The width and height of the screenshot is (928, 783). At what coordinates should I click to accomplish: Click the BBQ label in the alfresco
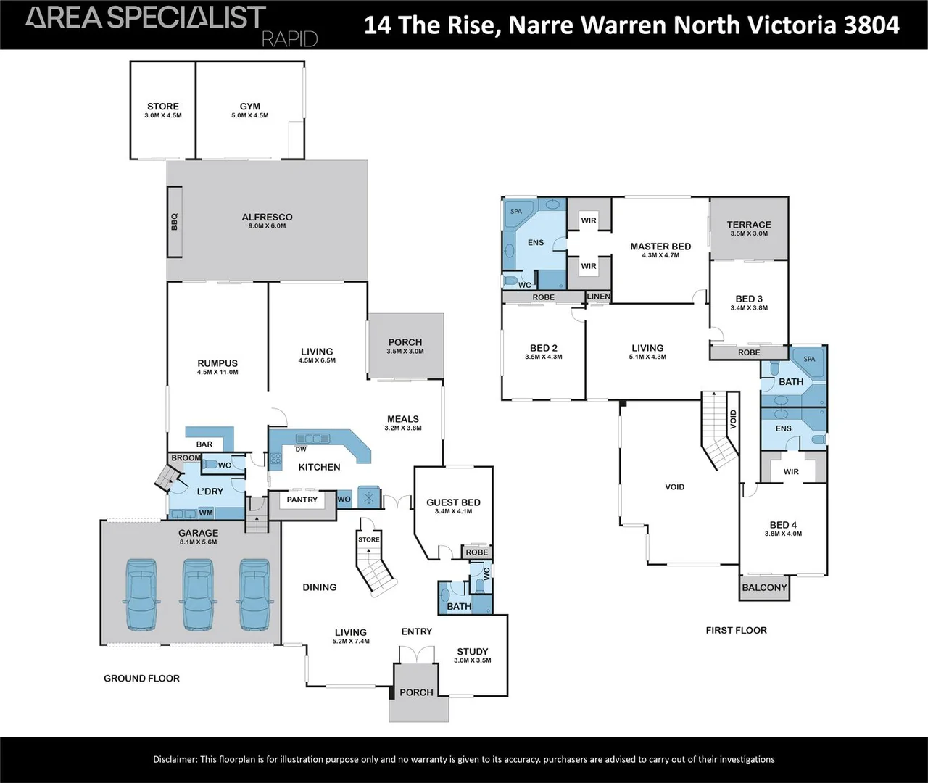pyautogui.click(x=174, y=222)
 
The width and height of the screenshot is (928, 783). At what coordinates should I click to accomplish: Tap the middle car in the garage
pyautogui.click(x=198, y=594)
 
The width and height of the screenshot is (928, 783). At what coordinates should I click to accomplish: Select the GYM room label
pyautogui.click(x=250, y=106)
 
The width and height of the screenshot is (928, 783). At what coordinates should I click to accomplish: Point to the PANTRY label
pyautogui.click(x=302, y=500)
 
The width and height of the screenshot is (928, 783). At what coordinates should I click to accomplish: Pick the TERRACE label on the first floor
pyautogui.click(x=749, y=225)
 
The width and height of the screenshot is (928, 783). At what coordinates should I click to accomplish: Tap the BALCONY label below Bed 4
pyautogui.click(x=764, y=587)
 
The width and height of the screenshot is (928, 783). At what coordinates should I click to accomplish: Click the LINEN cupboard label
pyautogui.click(x=599, y=296)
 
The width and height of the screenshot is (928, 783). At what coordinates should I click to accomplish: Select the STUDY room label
pyautogui.click(x=473, y=652)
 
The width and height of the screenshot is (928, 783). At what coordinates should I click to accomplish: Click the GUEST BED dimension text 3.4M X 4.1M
pyautogui.click(x=453, y=511)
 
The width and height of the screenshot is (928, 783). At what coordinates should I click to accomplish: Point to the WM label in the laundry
pyautogui.click(x=205, y=513)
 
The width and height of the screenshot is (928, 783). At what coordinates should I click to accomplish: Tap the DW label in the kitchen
pyautogui.click(x=301, y=449)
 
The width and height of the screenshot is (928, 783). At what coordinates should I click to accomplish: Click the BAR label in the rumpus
pyautogui.click(x=204, y=444)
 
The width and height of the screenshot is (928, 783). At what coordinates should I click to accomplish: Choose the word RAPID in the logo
pyautogui.click(x=290, y=39)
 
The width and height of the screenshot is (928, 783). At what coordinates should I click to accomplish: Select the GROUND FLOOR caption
pyautogui.click(x=142, y=678)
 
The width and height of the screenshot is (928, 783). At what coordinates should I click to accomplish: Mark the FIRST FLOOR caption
pyautogui.click(x=737, y=630)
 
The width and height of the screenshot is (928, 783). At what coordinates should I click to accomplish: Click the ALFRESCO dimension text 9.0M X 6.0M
pyautogui.click(x=267, y=225)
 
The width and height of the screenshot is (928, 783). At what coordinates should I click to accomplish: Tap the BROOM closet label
pyautogui.click(x=186, y=457)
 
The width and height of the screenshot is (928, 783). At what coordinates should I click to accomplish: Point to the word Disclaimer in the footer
pyautogui.click(x=175, y=760)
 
